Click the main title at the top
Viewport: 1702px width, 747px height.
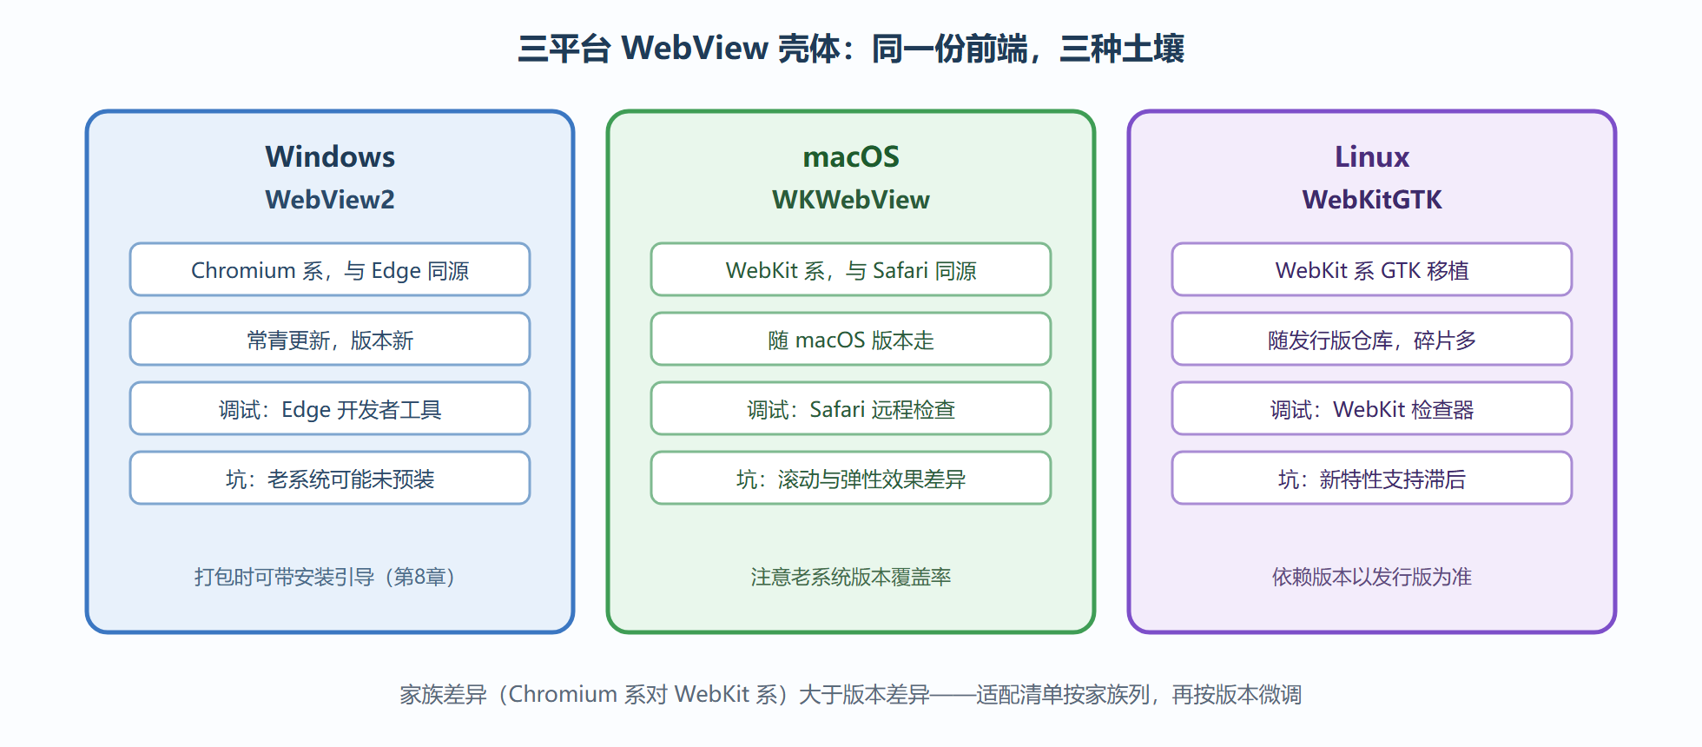(x=851, y=49)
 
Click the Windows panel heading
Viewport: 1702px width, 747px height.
(x=330, y=156)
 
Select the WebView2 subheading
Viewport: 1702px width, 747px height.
(x=330, y=200)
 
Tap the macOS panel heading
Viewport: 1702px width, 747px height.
(x=851, y=156)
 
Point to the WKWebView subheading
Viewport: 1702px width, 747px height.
(x=851, y=200)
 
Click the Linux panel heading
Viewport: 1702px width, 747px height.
(x=1372, y=156)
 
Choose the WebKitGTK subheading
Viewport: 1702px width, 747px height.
(x=1372, y=200)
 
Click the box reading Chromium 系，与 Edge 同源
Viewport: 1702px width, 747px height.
(x=330, y=269)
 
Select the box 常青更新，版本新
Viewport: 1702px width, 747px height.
(x=330, y=339)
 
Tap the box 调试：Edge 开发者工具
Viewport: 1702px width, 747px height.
(x=330, y=408)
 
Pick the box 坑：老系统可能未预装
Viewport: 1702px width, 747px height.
(x=330, y=478)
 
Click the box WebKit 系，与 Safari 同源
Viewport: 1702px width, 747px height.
(x=851, y=269)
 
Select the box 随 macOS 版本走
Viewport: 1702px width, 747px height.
(x=851, y=339)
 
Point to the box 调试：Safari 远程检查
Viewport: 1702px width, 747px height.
(x=851, y=408)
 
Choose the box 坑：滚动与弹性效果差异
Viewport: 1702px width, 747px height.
(x=851, y=478)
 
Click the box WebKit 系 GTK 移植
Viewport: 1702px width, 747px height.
(x=1372, y=269)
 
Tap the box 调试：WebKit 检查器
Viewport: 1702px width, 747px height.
(x=1372, y=408)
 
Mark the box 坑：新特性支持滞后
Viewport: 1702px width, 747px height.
(x=1372, y=478)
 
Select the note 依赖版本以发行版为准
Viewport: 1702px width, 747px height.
(x=1372, y=577)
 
